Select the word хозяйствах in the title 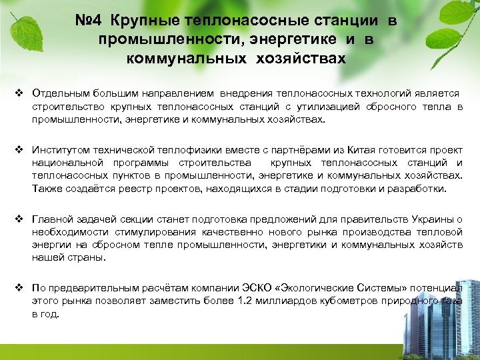click(308, 58)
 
